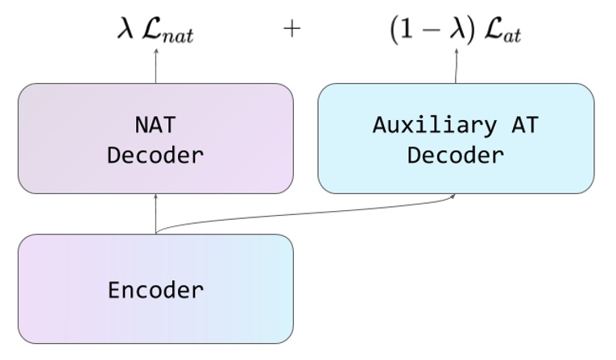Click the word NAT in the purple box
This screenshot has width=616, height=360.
[x=155, y=125]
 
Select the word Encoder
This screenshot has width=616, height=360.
[x=155, y=289]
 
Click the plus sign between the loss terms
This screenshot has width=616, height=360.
[x=291, y=29]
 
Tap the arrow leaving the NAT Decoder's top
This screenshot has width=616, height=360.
[x=155, y=66]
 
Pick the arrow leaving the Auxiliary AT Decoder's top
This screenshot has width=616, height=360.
[x=457, y=66]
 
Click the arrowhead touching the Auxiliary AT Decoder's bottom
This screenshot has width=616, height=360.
[x=454, y=196]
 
